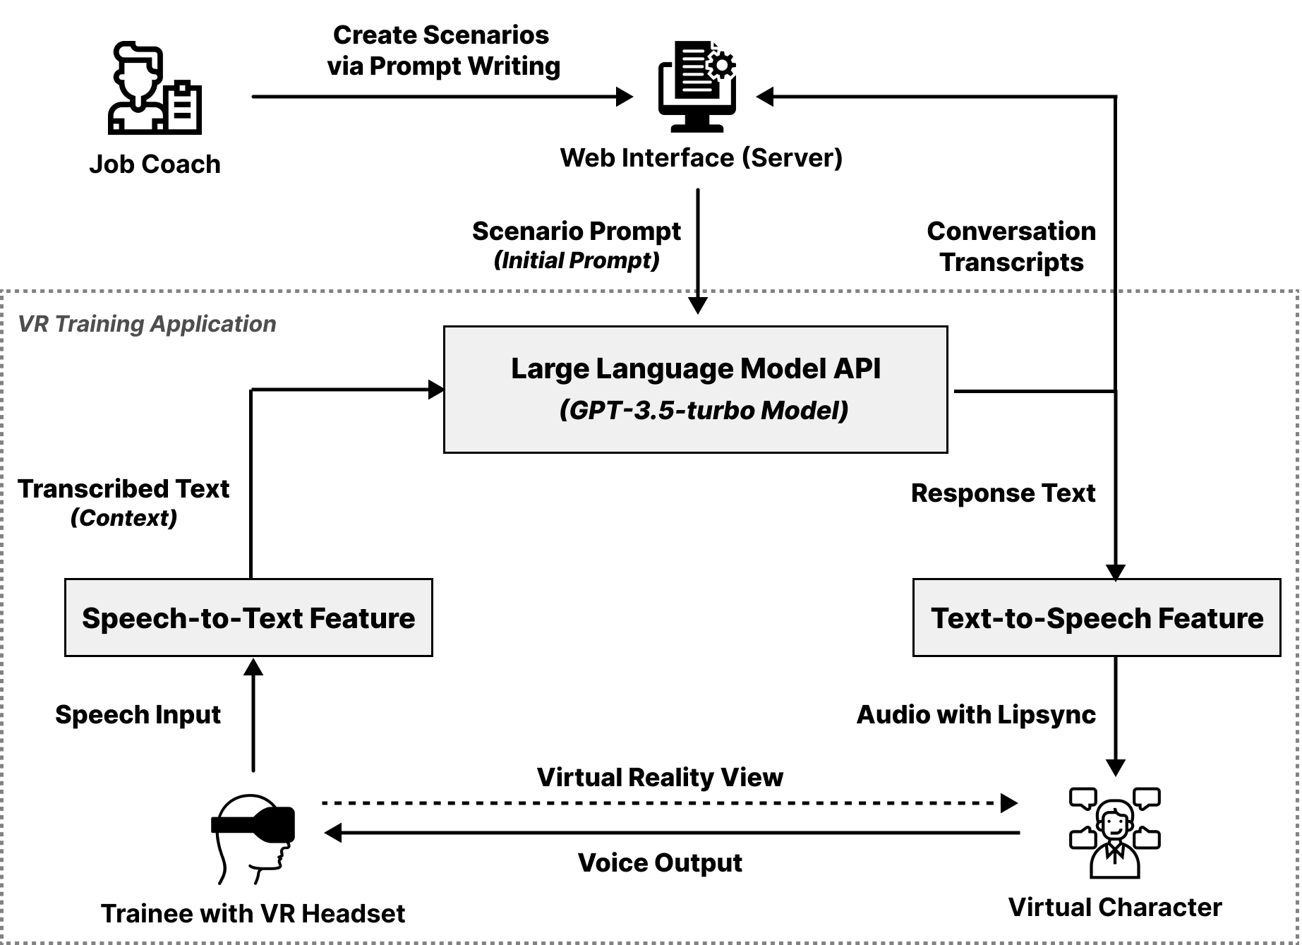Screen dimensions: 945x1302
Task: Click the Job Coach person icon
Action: coord(154,89)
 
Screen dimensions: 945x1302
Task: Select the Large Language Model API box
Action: coord(695,389)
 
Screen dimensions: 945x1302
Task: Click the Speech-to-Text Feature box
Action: coord(248,618)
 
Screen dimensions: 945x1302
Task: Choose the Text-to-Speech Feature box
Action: coord(1097,618)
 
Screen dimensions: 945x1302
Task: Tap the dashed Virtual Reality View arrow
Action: coord(663,803)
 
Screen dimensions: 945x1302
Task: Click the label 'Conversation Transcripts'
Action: coord(1011,246)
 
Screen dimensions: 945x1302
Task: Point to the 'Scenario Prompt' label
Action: coord(576,231)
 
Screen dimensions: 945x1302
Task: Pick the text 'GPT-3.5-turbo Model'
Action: coord(704,411)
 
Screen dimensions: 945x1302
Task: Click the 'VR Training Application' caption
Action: coord(147,324)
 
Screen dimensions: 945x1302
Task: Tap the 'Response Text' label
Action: coord(1003,493)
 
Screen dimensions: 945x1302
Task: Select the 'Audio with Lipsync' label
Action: coord(976,714)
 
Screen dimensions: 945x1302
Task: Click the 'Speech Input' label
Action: coord(138,714)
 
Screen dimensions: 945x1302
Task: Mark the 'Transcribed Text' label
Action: coord(123,488)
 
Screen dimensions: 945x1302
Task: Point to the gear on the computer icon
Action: coord(721,66)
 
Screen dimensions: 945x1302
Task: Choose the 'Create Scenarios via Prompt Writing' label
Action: coord(443,50)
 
